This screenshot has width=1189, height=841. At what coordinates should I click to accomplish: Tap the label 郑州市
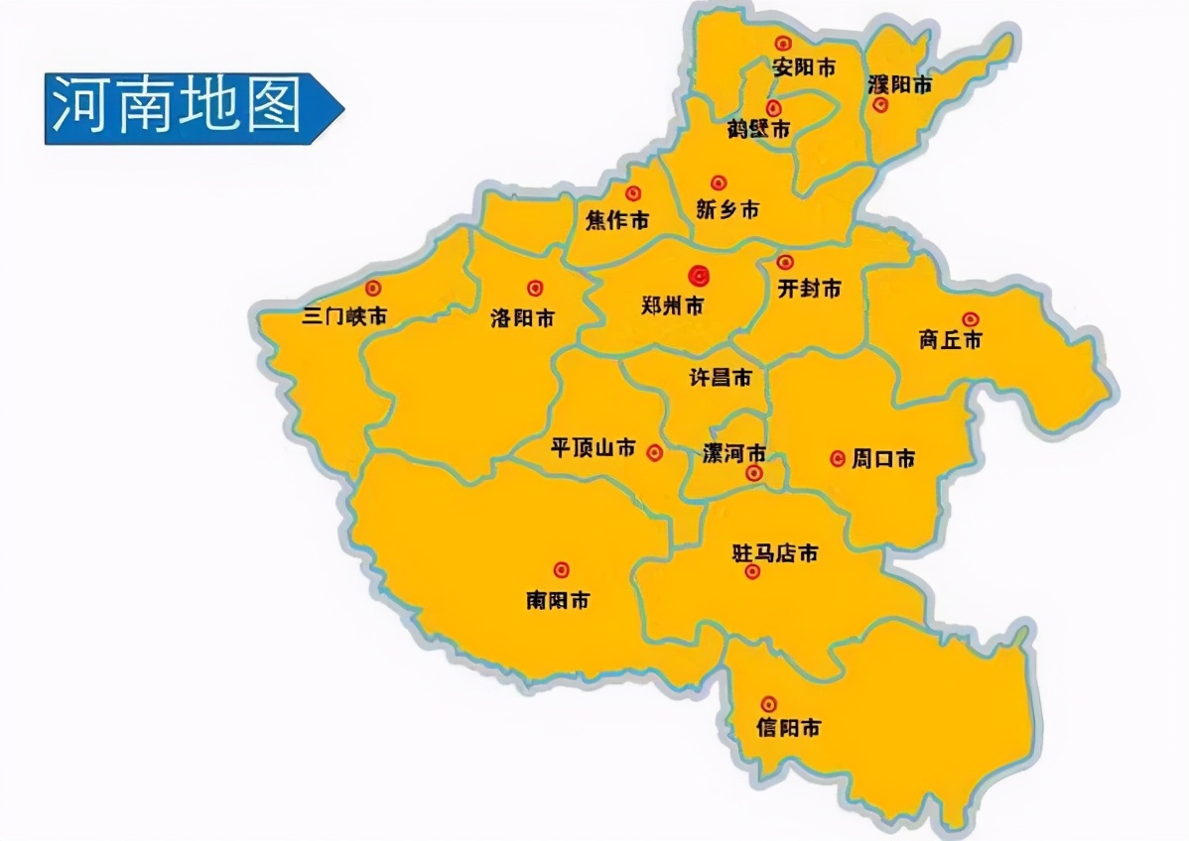672,306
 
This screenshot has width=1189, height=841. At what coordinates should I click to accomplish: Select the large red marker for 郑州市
700,275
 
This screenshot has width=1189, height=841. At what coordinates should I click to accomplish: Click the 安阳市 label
803,67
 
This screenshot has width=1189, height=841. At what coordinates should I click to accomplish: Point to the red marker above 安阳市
783,44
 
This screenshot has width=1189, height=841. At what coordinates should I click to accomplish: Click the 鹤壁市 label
758,129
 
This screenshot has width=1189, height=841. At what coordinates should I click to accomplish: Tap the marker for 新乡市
719,182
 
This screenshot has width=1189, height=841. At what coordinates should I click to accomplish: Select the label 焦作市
617,220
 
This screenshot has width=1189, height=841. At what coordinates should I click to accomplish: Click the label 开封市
809,288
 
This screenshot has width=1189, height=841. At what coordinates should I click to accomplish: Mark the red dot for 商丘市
970,318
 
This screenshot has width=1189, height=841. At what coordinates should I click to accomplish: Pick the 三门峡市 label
343,317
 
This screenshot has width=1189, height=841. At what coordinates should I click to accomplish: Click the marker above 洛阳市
535,288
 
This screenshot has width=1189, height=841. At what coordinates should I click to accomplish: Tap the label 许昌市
720,378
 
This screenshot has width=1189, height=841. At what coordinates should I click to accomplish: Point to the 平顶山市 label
594,448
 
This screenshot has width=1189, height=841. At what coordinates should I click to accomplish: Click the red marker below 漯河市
754,473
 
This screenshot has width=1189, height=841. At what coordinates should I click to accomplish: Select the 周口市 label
883,458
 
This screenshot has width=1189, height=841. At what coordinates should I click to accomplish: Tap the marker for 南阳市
562,569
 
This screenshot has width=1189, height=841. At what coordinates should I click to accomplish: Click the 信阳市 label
789,728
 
